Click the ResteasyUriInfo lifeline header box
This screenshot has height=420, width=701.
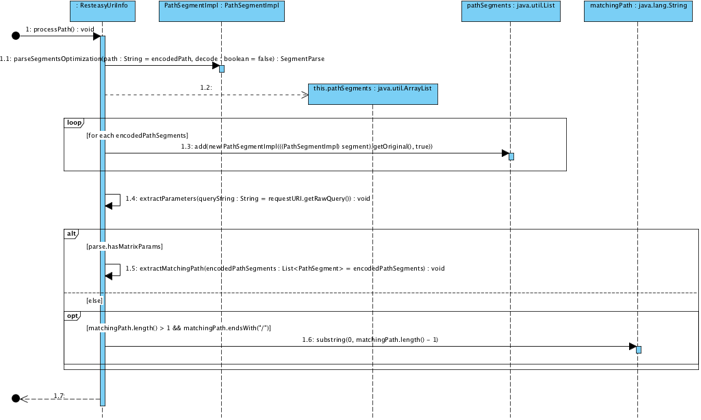tap(103, 11)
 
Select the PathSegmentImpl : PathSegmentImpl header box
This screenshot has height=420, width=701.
tap(222, 11)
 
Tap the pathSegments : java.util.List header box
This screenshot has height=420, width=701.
tap(511, 11)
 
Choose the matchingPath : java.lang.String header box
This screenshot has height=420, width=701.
tap(637, 11)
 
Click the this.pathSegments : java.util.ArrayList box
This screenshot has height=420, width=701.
tap(372, 94)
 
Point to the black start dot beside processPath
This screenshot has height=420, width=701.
tap(16, 36)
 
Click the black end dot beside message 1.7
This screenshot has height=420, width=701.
tap(16, 398)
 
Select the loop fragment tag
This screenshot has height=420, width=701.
tap(73, 123)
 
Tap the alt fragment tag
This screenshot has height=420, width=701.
tap(71, 234)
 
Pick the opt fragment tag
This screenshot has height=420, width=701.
tap(72, 317)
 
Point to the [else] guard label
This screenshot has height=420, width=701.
tap(94, 301)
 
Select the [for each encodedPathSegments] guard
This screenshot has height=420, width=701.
tap(137, 135)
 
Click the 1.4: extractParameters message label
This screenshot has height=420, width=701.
tap(248, 199)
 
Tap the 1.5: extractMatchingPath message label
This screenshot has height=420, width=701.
tap(285, 268)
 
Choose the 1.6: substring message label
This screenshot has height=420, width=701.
tap(370, 339)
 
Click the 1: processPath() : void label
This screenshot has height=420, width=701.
tap(60, 30)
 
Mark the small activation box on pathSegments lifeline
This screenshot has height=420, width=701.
tap(511, 156)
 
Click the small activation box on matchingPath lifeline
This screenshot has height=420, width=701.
tap(639, 349)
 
